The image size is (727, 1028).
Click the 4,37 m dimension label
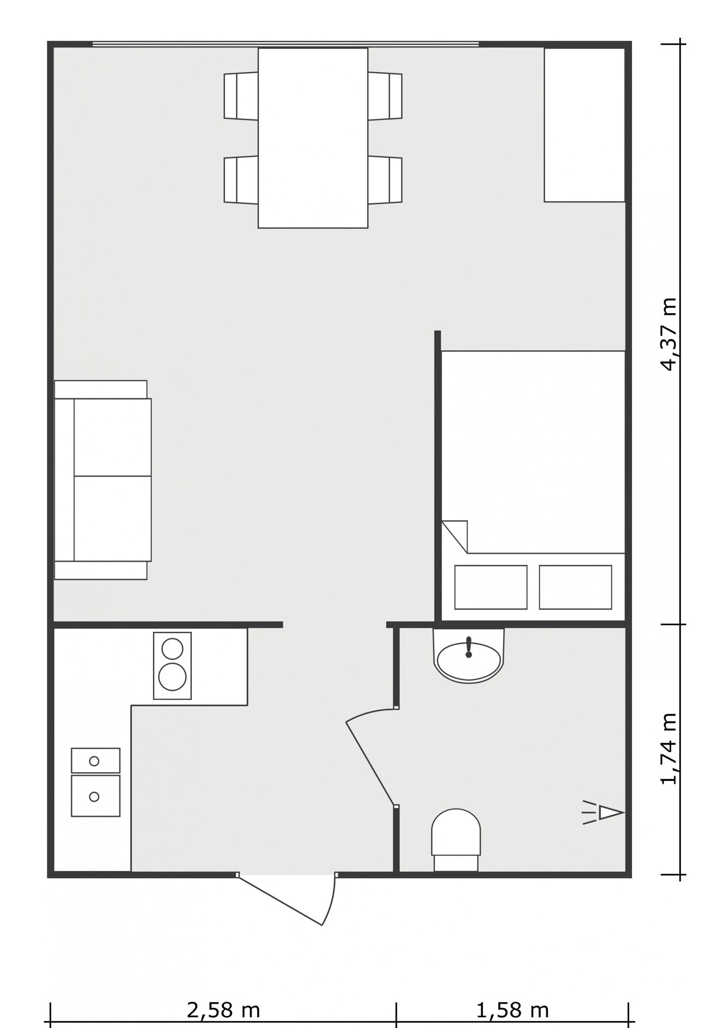tap(669, 334)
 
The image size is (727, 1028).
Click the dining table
tap(313, 138)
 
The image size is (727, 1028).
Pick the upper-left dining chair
tap(241, 96)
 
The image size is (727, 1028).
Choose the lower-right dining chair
tap(385, 180)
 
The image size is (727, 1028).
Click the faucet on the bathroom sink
tap(469, 647)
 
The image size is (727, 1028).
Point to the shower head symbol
tap(604, 812)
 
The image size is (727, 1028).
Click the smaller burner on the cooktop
tap(172, 648)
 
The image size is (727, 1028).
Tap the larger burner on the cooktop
tap(172, 677)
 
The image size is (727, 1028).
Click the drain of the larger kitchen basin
tap(94, 796)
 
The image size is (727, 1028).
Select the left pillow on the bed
tap(491, 587)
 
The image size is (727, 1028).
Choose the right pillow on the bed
tap(575, 587)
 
